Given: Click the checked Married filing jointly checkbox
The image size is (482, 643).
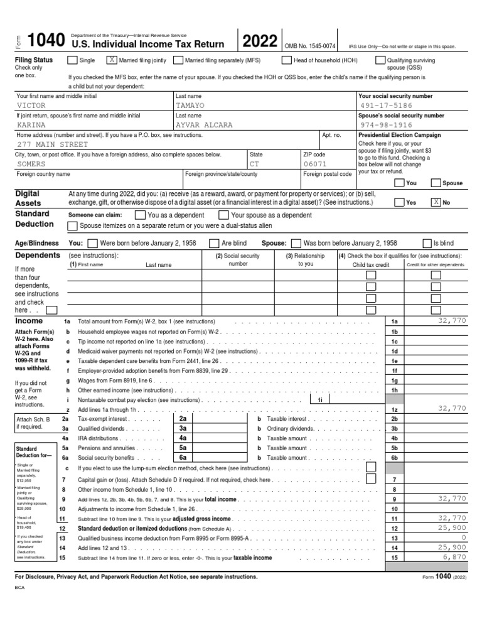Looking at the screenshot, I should [112, 60].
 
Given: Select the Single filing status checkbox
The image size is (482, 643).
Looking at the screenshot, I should [73, 60].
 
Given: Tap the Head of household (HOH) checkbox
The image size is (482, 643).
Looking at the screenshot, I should [286, 60].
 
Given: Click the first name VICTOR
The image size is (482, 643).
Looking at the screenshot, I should [31, 105].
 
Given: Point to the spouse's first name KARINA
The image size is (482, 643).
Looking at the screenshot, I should [31, 125].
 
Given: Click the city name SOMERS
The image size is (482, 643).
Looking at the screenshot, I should [31, 163].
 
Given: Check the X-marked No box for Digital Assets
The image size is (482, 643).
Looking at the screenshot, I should [436, 203].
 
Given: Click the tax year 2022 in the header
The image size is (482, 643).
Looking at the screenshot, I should [260, 41].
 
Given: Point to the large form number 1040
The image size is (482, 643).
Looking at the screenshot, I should [46, 41].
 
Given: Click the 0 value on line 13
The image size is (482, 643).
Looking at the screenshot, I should [464, 538].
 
